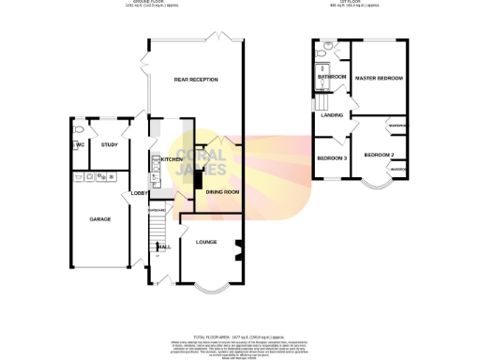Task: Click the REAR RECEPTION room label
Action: pos(196,80)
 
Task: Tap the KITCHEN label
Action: pos(172,159)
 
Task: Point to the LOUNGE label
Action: pos(207,241)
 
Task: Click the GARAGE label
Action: pos(100,218)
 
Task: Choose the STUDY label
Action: pos(109,145)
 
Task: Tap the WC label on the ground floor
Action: pos(79,144)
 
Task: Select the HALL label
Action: pos(163,247)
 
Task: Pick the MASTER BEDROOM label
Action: pos(380,79)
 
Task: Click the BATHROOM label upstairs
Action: pos(333,77)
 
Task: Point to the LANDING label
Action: pos(332,114)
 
